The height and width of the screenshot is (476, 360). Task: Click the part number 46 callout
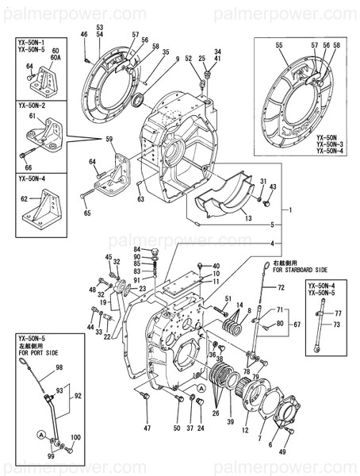pyautogui.click(x=85, y=33)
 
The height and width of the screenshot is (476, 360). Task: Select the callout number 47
pyautogui.click(x=147, y=428)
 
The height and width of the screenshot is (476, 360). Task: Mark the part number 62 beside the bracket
pyautogui.click(x=24, y=199)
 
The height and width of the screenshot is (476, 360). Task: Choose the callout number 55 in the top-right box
pyautogui.click(x=279, y=47)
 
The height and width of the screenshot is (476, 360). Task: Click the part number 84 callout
pyautogui.click(x=136, y=250)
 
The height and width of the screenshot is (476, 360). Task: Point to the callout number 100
pyautogui.click(x=75, y=437)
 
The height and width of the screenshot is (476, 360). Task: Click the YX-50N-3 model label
pyautogui.click(x=329, y=144)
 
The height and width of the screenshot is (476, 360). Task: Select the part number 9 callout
pyautogui.click(x=177, y=59)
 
